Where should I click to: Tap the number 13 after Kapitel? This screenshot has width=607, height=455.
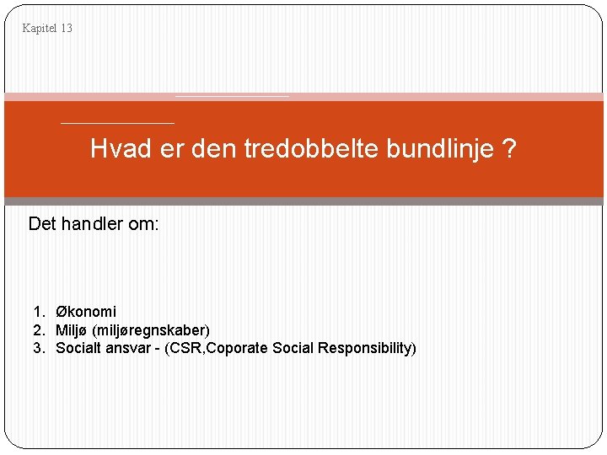[66, 29]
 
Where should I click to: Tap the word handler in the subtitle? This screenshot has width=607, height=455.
[94, 224]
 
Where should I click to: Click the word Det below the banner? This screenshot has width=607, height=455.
[42, 224]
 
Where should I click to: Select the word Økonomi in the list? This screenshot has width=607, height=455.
[86, 312]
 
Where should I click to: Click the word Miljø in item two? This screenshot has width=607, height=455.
[72, 329]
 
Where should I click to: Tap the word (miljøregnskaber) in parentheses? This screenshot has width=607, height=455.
[151, 329]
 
